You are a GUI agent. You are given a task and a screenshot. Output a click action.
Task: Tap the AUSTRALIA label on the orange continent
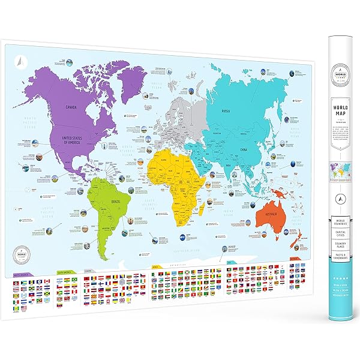click(269, 216)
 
